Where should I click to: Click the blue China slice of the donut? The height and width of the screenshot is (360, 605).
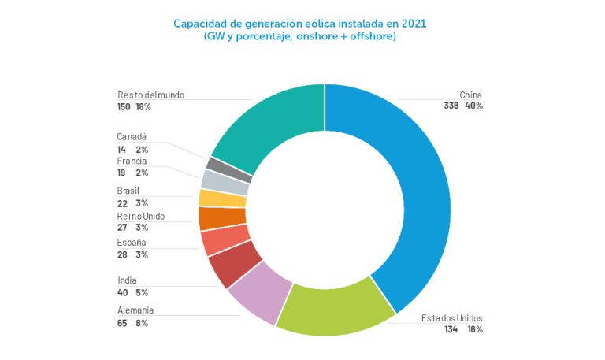click(x=418, y=189)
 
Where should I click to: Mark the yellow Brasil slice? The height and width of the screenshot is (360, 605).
click(x=212, y=198)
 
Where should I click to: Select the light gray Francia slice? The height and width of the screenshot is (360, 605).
click(x=214, y=180)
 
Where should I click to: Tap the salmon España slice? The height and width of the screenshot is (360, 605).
click(x=216, y=239)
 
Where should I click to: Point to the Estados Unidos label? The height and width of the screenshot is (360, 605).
click(x=452, y=318)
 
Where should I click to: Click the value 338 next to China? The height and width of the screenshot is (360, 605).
click(x=451, y=106)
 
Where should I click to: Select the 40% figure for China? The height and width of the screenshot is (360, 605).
click(x=473, y=106)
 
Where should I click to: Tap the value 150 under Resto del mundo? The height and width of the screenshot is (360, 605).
click(x=124, y=106)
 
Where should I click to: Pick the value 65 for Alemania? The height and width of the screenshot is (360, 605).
click(x=122, y=323)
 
